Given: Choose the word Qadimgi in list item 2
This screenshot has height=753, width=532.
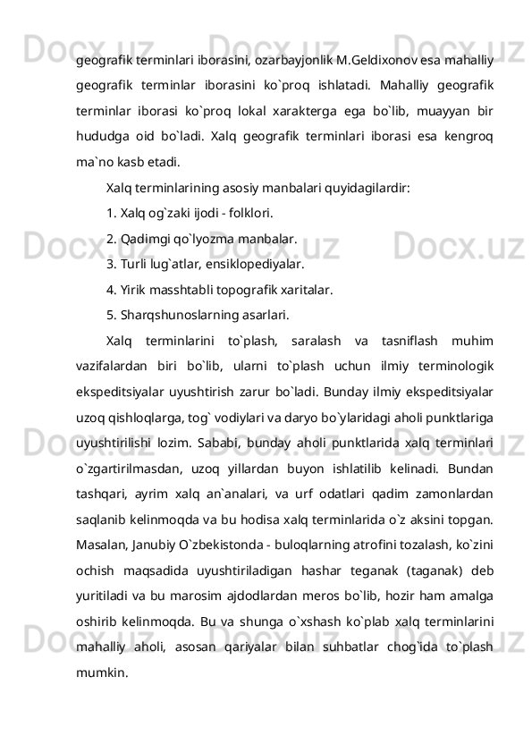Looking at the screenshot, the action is click(x=147, y=240).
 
